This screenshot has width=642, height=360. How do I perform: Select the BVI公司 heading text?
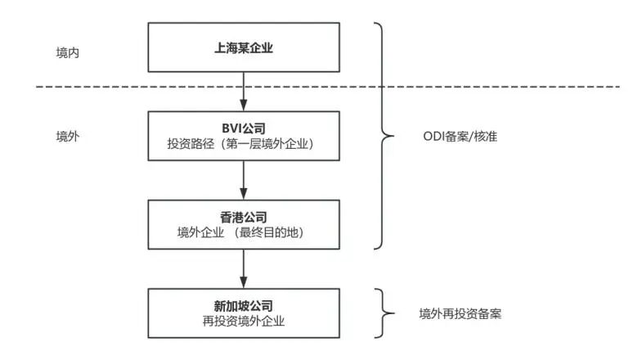click(244, 128)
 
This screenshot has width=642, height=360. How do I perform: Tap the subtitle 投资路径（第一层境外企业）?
click(240, 144)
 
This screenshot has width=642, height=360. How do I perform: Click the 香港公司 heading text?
click(244, 217)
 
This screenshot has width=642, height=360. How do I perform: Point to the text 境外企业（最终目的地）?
click(240, 232)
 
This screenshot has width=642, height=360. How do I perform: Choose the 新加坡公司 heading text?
click(244, 306)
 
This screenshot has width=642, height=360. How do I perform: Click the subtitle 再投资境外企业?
click(244, 321)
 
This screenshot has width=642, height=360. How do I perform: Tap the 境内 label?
click(68, 53)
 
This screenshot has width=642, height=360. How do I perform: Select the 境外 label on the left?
click(68, 137)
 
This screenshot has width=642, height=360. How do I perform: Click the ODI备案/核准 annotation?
click(460, 137)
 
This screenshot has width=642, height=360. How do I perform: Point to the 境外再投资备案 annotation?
click(460, 314)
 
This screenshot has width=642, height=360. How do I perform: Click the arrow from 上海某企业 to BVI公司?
click(244, 92)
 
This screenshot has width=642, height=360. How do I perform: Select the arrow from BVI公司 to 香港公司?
click(244, 180)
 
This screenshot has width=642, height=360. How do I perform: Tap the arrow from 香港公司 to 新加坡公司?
click(244, 268)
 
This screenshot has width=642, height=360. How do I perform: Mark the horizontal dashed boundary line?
click(328, 87)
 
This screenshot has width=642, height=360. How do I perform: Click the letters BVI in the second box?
click(231, 128)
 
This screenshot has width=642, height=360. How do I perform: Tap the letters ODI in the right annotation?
click(434, 137)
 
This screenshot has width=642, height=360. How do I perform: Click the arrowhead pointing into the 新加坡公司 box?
click(244, 282)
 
